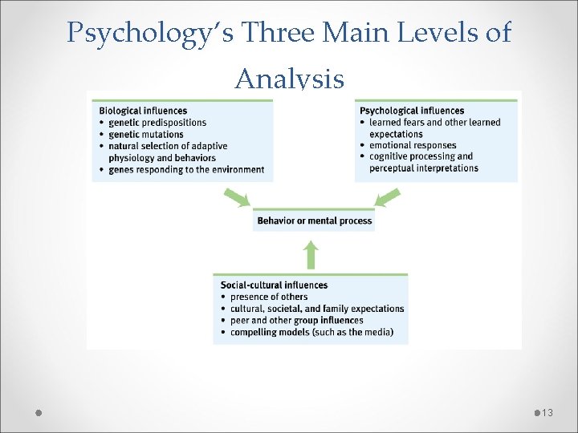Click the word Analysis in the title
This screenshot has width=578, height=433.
pos(289,79)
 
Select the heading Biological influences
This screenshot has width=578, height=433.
pos(143,111)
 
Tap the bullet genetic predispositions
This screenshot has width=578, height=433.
pos(157,123)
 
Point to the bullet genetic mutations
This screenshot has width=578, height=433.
pos(146,135)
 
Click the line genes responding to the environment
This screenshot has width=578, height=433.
pos(186,169)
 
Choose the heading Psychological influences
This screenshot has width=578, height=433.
pos(412,111)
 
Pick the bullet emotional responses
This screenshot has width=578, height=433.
pos(411,145)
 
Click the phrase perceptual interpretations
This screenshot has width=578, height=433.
pos(424,168)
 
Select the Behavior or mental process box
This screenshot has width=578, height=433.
pos(315,221)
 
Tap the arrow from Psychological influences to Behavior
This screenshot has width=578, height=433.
pos(388,197)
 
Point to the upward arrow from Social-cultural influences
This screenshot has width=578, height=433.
pos(311,256)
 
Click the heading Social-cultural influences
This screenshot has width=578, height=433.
pos(274,285)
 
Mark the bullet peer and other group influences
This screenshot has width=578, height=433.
pos(296,320)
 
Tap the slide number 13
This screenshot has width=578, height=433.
pos(547,412)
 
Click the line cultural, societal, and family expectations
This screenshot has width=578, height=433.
pos(317,309)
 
